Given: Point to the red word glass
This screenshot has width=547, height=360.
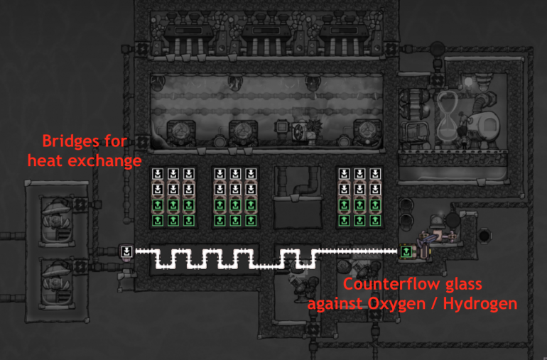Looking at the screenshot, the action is point(464,285).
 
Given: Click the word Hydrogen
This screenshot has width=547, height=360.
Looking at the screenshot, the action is point(480,304).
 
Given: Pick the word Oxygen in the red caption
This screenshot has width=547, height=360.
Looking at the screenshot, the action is point(396,304).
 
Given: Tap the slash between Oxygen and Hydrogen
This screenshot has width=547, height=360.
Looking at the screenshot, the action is point(434,303).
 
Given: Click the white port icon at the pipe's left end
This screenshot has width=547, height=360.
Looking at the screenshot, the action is point(126,251).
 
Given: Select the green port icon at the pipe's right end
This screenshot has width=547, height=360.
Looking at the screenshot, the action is point(406,251).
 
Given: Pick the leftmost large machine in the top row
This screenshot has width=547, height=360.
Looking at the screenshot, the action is point(189,34).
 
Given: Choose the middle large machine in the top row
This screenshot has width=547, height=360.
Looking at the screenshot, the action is point(266,34).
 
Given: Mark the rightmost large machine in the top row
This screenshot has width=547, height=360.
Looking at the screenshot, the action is point(344,34).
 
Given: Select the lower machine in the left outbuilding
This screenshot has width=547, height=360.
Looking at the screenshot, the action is point(57,283).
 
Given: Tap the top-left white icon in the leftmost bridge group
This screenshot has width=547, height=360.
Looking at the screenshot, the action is point(158,174).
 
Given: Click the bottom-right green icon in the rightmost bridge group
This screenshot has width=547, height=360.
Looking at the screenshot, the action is point(375,220).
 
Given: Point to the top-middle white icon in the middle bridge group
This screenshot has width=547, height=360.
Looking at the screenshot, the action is point(235,174).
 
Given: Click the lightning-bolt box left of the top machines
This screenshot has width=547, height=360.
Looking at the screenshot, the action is point(141,49).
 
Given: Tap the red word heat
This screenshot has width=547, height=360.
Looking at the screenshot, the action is point(45,160).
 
